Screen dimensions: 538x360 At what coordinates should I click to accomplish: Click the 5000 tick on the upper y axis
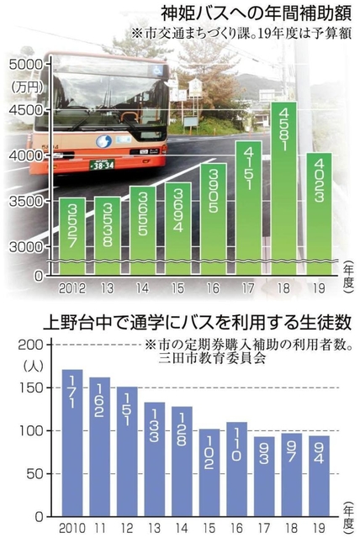[25, 65]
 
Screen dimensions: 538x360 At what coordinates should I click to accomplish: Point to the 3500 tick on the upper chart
[25, 202]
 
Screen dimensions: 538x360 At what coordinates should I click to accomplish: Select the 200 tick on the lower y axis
[29, 345]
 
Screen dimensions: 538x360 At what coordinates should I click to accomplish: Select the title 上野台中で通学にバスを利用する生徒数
[193, 322]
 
